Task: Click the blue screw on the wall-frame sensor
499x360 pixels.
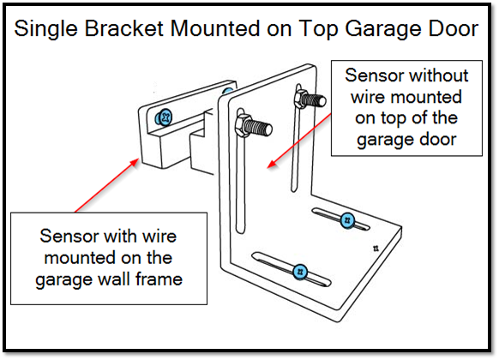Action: pyautogui.click(x=164, y=117)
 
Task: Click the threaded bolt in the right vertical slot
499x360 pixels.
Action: pyautogui.click(x=310, y=99)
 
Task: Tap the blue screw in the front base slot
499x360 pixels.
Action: pyautogui.click(x=299, y=272)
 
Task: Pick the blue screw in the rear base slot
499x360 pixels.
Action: pyautogui.click(x=347, y=220)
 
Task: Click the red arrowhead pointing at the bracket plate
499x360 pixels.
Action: pyautogui.click(x=271, y=165)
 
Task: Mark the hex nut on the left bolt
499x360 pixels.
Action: pyautogui.click(x=242, y=126)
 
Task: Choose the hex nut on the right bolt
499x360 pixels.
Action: pyautogui.click(x=300, y=99)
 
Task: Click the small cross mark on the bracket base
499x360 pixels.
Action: pyautogui.click(x=376, y=249)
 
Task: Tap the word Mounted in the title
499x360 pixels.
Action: pyautogui.click(x=215, y=28)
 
